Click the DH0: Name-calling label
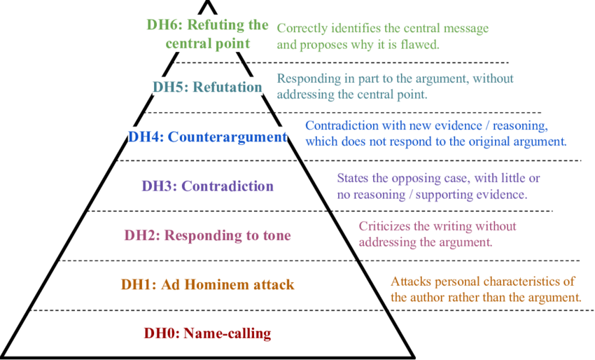(207, 333)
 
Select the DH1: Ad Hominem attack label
(207, 285)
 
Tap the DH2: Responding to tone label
(207, 236)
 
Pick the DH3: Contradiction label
(207, 186)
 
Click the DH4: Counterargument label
(207, 137)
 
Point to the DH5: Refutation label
(207, 88)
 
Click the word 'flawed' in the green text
(418, 44)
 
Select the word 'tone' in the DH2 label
(276, 236)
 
